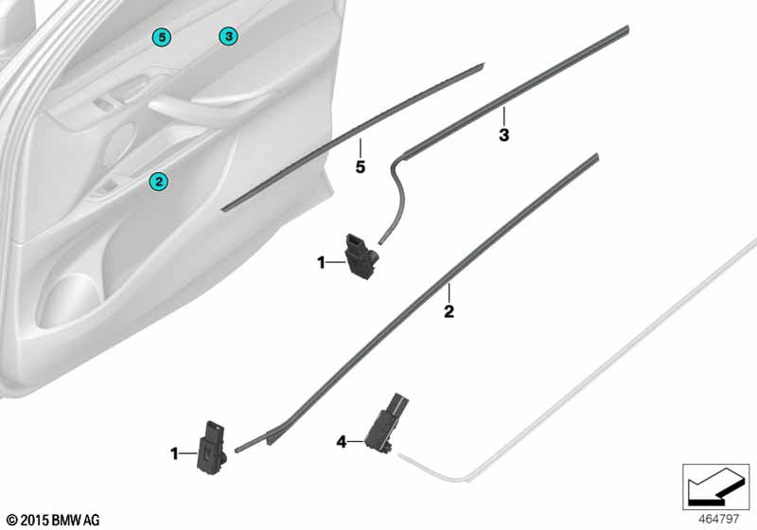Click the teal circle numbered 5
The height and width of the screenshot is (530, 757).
(x=163, y=36)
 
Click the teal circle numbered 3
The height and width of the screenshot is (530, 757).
(x=227, y=36)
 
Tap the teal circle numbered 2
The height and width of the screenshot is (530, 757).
(x=159, y=180)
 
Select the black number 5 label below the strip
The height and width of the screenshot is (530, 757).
(x=360, y=168)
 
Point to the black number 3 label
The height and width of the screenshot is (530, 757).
(x=504, y=135)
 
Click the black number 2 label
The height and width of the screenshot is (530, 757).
(x=449, y=310)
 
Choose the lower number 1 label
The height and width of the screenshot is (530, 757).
(x=174, y=455)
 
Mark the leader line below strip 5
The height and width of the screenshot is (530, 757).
(x=360, y=148)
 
